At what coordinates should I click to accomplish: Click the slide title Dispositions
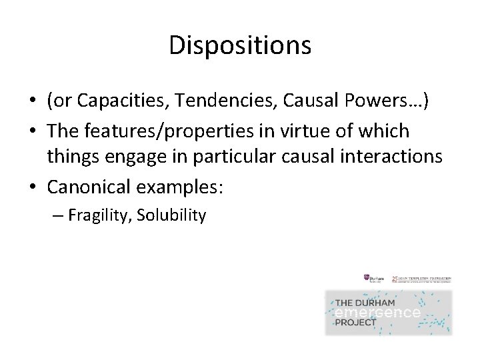point(240,45)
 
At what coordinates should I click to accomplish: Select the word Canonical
point(90,187)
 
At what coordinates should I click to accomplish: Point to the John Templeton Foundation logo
point(420,279)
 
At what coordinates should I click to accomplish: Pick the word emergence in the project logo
point(377,313)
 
